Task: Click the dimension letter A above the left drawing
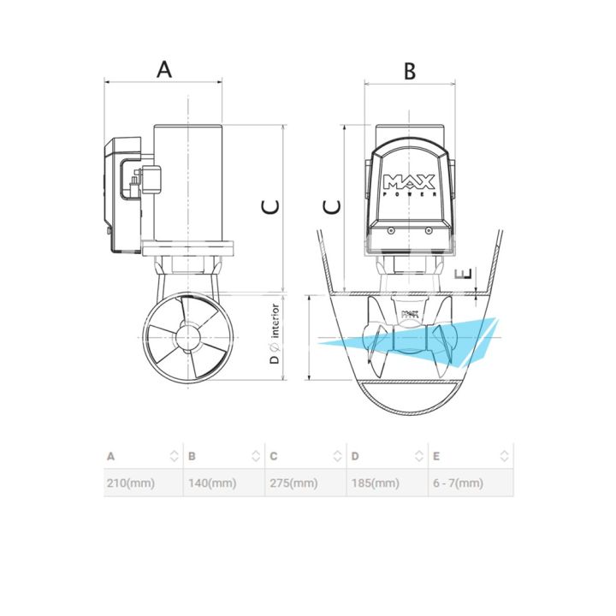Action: (164, 69)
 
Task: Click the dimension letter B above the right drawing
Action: (410, 71)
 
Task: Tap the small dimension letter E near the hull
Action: (463, 274)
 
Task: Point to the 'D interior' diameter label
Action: (275, 334)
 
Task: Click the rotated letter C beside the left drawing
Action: (271, 207)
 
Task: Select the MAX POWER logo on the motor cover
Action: (409, 185)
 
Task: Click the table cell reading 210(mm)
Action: (131, 483)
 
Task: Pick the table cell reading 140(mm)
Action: (212, 483)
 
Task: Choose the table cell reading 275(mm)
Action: (293, 483)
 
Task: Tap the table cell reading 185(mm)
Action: (376, 483)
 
